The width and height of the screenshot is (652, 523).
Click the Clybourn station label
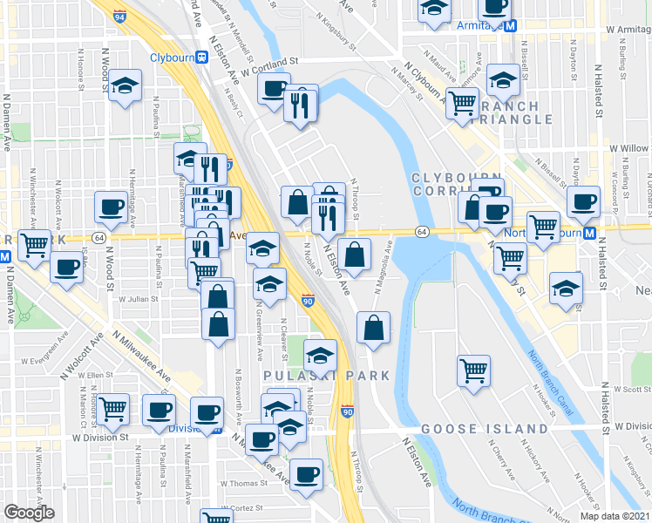pyautogui.click(x=171, y=58)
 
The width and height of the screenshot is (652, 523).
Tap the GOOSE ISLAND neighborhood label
pyautogui.click(x=485, y=430)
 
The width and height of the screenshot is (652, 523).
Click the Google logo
pyautogui.click(x=29, y=513)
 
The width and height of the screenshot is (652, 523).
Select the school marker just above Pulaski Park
pyautogui.click(x=320, y=355)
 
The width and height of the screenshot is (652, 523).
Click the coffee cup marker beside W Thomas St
pyautogui.click(x=306, y=474)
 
